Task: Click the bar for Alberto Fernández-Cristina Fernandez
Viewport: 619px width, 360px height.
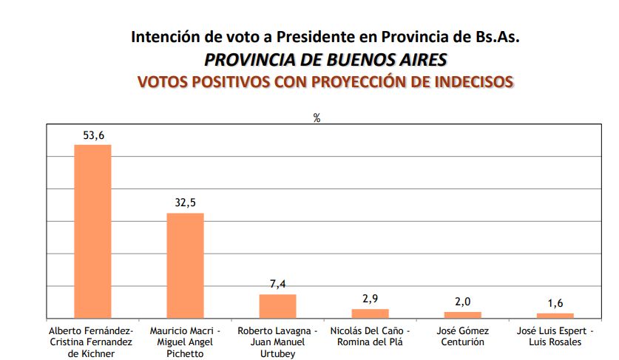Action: [92, 231]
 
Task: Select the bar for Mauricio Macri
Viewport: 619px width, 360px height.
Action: [185, 265]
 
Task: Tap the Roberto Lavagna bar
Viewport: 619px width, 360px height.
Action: [277, 306]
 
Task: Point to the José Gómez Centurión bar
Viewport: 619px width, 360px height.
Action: [462, 315]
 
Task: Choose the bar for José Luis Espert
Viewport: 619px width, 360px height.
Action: [555, 316]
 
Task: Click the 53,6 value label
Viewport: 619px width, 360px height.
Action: [92, 135]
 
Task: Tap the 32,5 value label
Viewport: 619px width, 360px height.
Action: [185, 203]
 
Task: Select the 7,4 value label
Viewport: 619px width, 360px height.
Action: [277, 284]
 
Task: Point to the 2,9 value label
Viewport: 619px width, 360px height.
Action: [370, 299]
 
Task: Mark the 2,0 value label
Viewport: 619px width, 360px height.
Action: [462, 302]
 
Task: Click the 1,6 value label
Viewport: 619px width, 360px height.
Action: [555, 303]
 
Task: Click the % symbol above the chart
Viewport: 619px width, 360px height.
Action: [317, 118]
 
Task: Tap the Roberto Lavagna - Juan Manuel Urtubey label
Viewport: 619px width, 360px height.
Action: [277, 342]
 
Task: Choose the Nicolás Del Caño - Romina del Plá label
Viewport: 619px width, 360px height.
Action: [370, 336]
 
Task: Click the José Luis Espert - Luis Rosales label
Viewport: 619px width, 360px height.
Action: [555, 336]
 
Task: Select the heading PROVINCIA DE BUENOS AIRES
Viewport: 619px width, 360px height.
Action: [325, 58]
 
